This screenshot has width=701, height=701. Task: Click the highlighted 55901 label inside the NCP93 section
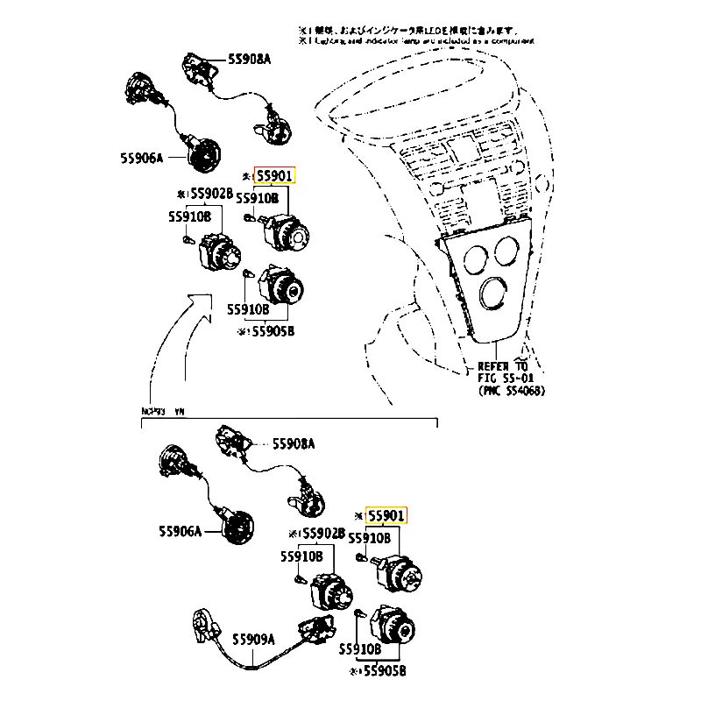(386, 516)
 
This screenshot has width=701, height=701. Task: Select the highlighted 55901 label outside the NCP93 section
(275, 176)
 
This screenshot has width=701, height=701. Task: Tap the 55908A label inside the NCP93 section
(293, 444)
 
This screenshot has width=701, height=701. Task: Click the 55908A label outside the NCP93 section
(250, 59)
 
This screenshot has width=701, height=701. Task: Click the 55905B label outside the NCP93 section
(270, 332)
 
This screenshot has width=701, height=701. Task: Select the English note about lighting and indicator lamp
(416, 40)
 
